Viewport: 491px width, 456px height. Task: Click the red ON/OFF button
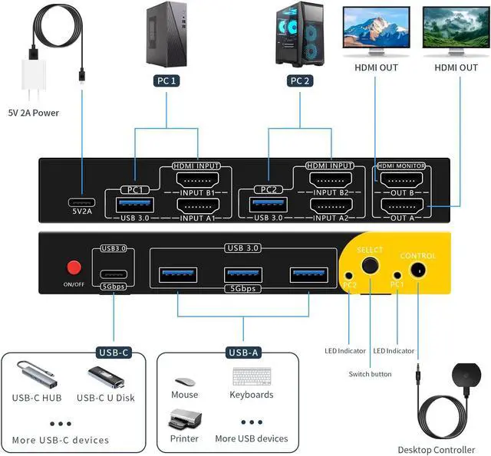74,267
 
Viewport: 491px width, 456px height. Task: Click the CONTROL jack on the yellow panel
418,271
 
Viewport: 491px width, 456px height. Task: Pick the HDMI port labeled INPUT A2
331,205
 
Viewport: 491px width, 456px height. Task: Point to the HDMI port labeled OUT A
402,205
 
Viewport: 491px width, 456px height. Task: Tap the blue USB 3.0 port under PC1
136,205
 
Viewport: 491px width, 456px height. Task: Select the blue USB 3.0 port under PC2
269,205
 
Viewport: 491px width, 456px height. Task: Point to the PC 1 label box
165,80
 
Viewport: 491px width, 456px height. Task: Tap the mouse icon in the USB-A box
184,381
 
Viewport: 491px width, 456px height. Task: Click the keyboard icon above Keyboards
251,378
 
